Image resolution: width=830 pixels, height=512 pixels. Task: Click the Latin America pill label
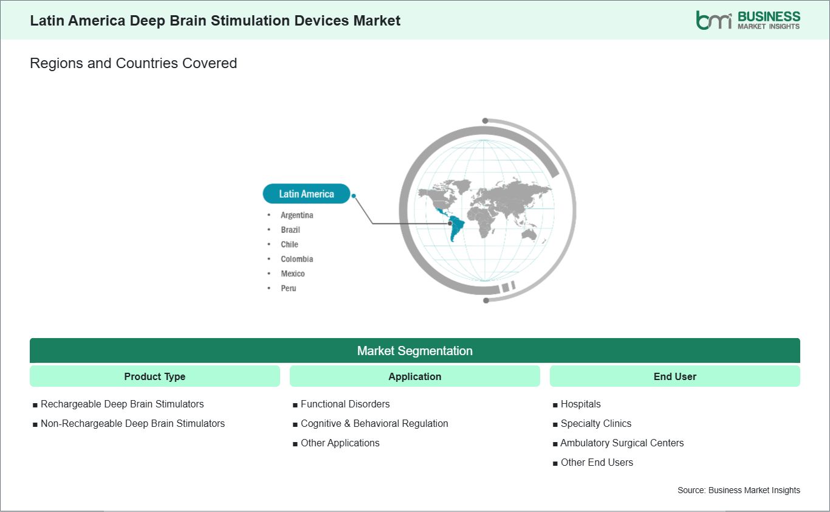(x=306, y=193)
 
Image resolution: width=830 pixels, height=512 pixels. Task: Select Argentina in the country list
(x=297, y=215)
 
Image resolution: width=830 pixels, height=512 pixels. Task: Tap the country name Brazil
(x=290, y=230)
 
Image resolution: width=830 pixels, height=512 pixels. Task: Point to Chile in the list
(x=289, y=244)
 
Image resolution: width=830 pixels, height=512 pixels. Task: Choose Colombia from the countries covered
(x=297, y=259)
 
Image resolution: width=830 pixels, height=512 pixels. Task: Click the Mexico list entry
(x=293, y=274)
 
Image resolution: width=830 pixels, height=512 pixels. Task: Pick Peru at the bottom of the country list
(x=288, y=288)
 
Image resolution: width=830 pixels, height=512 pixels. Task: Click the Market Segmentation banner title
(x=414, y=351)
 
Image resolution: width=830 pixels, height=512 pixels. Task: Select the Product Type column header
(x=154, y=376)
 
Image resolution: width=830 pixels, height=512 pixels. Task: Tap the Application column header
(x=414, y=376)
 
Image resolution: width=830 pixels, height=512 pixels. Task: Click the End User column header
(x=674, y=376)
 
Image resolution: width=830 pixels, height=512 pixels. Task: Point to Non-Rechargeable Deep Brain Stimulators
(x=132, y=423)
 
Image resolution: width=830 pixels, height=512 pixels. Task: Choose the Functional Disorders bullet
(x=345, y=404)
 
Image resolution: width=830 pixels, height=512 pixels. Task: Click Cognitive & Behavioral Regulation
(x=374, y=423)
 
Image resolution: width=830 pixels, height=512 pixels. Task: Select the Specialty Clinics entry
(x=596, y=423)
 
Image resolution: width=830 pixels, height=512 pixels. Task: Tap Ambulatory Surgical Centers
(x=622, y=443)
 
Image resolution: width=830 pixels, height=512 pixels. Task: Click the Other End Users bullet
(x=597, y=462)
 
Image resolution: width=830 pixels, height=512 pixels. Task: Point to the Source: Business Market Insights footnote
(x=738, y=490)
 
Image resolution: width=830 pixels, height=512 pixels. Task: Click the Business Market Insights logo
(x=748, y=20)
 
